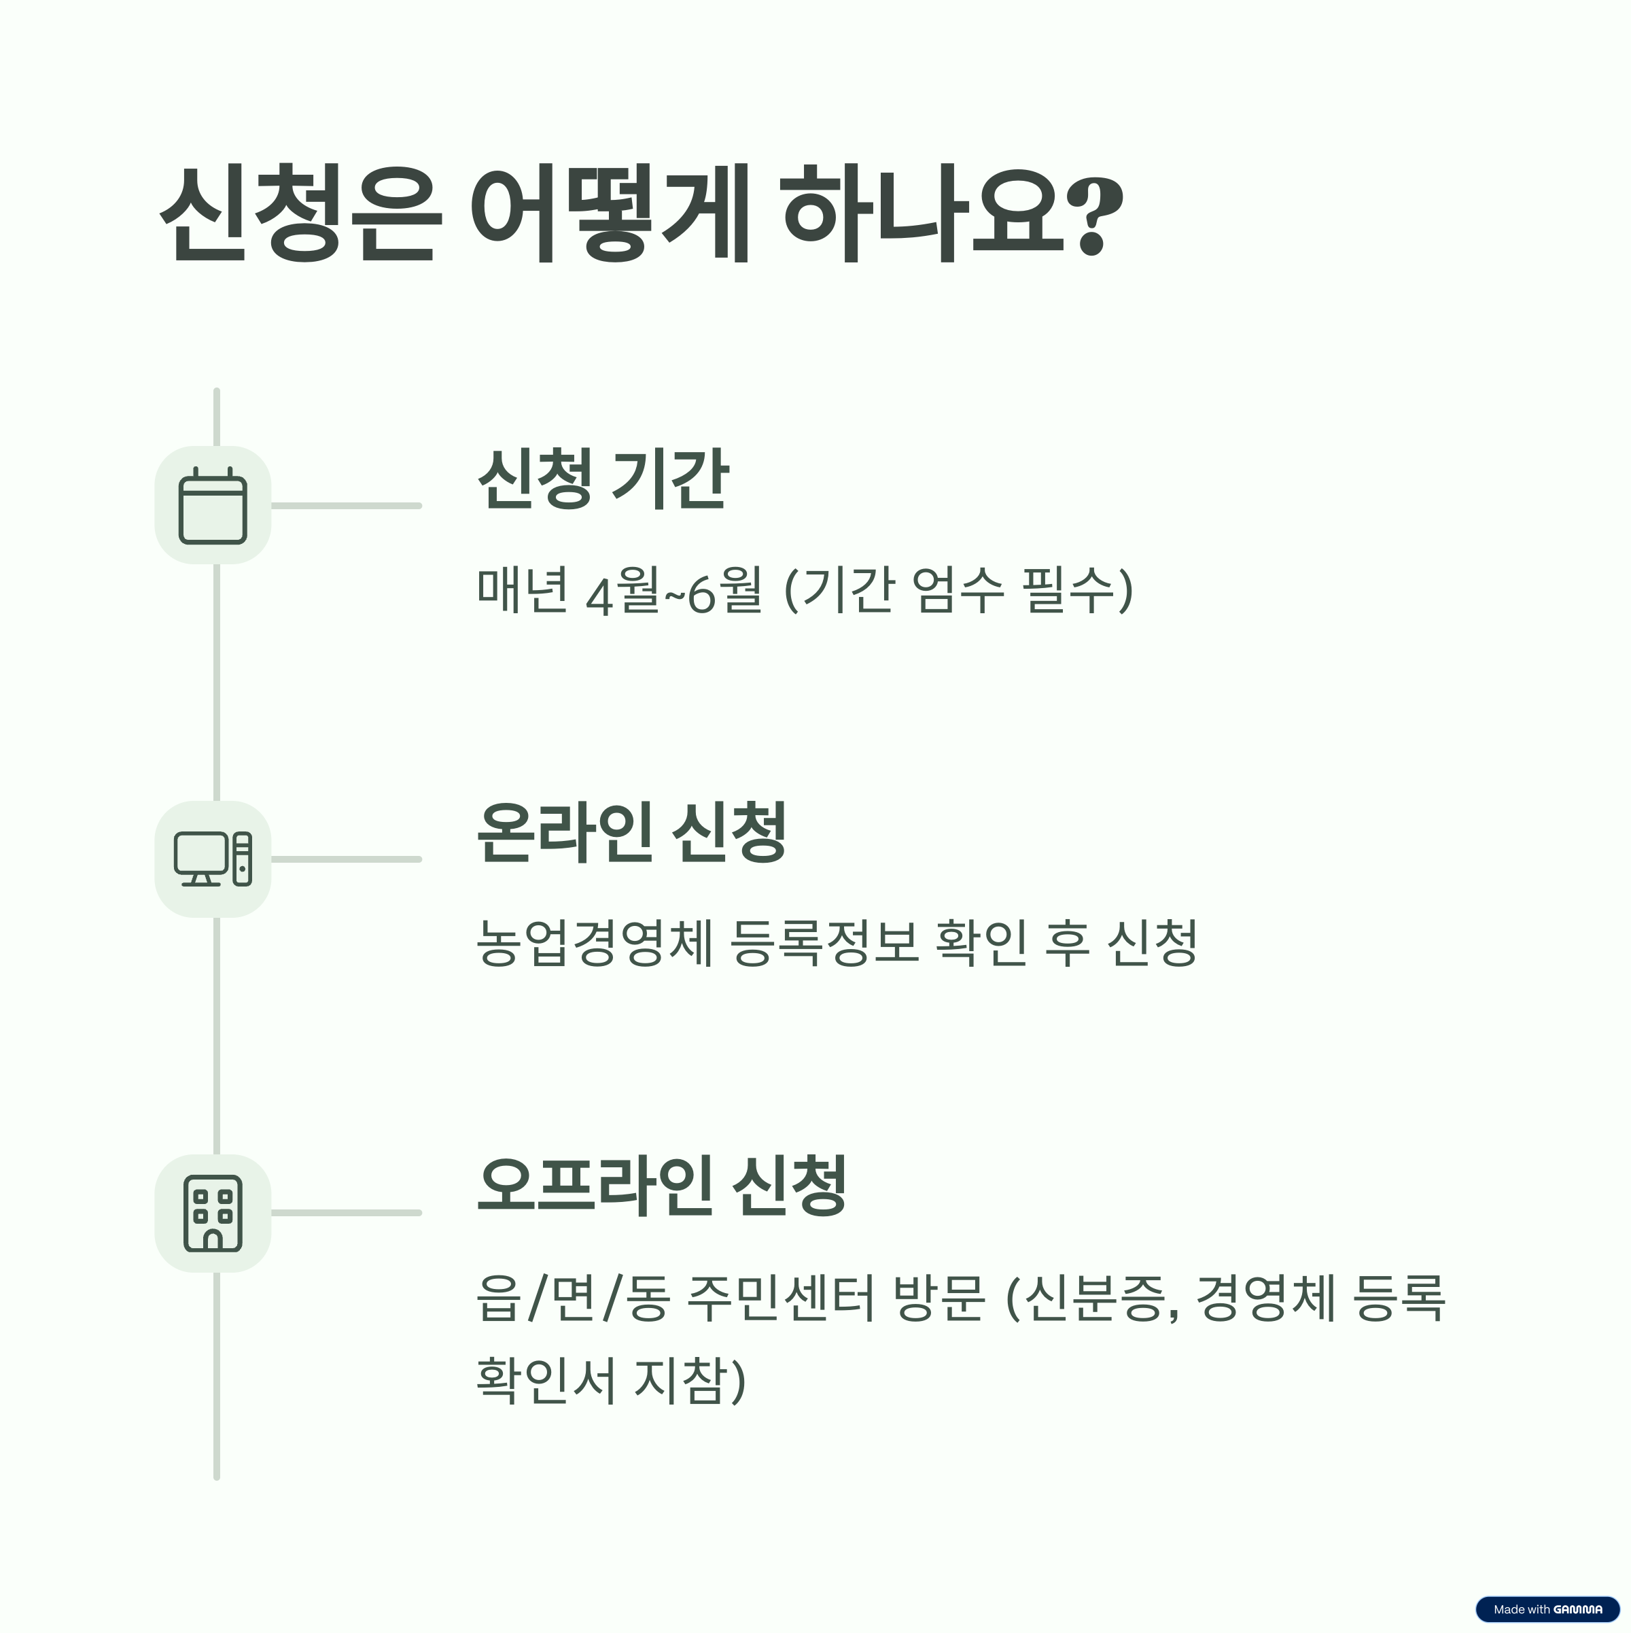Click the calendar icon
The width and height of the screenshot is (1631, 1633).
click(213, 505)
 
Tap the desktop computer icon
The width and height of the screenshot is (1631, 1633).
click(213, 859)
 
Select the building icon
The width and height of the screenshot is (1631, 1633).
click(213, 1213)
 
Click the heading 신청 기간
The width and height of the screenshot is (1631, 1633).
click(603, 479)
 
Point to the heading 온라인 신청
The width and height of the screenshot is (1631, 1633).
click(631, 833)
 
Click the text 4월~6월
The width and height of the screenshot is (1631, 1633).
click(673, 591)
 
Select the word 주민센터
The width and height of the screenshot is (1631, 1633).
click(782, 1297)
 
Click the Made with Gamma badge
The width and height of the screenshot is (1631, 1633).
click(1547, 1609)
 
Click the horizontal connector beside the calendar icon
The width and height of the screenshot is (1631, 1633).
click(346, 505)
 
